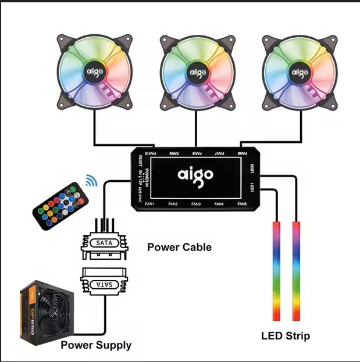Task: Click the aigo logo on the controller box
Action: pos(195,174)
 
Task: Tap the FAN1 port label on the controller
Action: pos(149,204)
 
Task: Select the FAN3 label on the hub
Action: pos(195,204)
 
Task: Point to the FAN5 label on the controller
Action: pos(243,204)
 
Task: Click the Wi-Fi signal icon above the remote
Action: pos(91,181)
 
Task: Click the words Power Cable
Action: pos(179,247)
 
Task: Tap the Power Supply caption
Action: pos(96,345)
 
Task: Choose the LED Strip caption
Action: pos(285,336)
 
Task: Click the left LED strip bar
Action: pos(276,270)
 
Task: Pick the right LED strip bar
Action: pos(296,270)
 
